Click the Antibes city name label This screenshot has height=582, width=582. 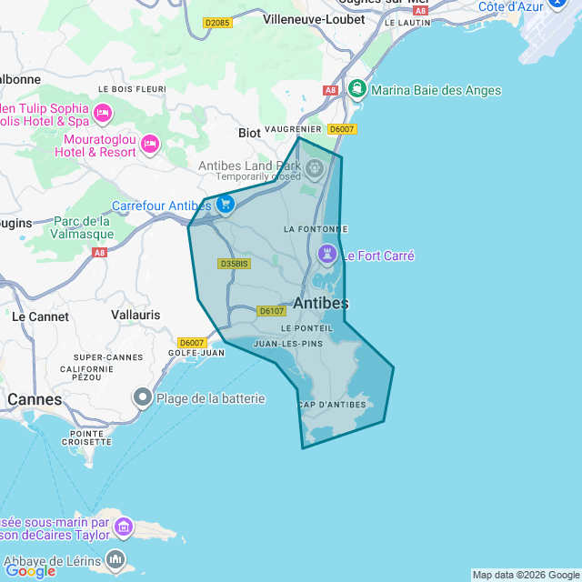[x=321, y=303]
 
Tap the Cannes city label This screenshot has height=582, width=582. [x=35, y=399]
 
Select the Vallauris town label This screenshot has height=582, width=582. [x=135, y=315]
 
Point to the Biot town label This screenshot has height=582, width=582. [x=249, y=133]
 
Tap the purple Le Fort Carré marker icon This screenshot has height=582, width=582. [x=327, y=253]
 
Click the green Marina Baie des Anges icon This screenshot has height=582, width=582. [x=357, y=90]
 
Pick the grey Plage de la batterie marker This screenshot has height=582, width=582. [x=143, y=397]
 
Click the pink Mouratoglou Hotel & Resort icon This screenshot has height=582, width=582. [x=151, y=144]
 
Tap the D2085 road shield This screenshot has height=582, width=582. [x=216, y=23]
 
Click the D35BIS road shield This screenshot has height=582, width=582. [x=234, y=264]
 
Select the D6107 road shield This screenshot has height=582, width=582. [x=272, y=311]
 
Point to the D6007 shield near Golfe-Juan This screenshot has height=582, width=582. [x=192, y=343]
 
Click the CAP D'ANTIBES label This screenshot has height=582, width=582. [x=331, y=405]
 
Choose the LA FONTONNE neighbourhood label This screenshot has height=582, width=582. [x=316, y=228]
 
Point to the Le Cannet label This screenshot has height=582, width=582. [x=40, y=316]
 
